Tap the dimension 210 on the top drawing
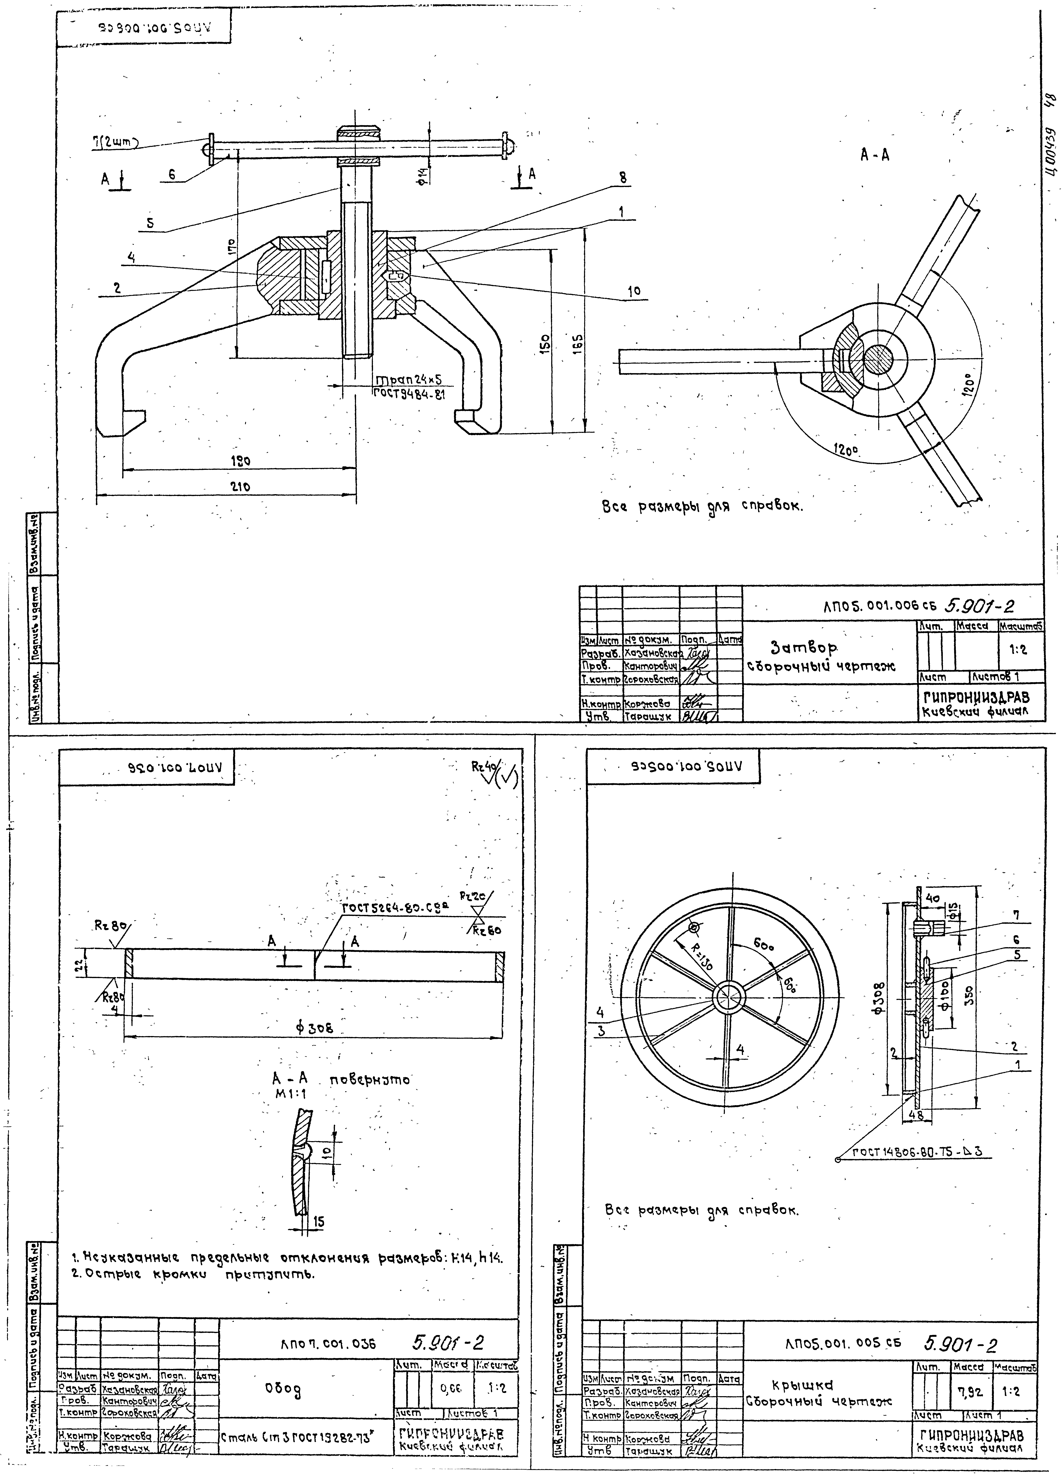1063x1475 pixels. [x=241, y=487]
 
